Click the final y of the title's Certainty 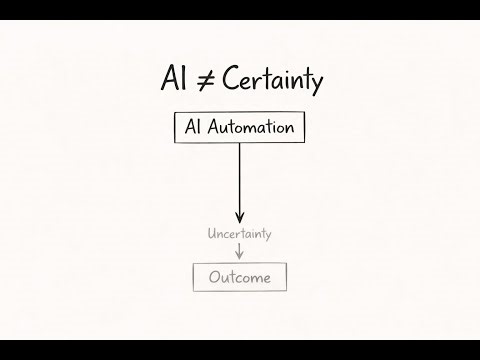coord(316,85)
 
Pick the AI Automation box coord(239,128)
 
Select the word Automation coord(250,128)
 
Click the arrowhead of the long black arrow coord(239,215)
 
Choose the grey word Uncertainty coord(239,234)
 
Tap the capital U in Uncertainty coord(211,234)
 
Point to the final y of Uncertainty coord(268,236)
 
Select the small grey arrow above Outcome coord(239,251)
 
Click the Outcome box coord(239,277)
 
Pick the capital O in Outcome coord(213,277)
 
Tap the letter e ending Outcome coord(266,278)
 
